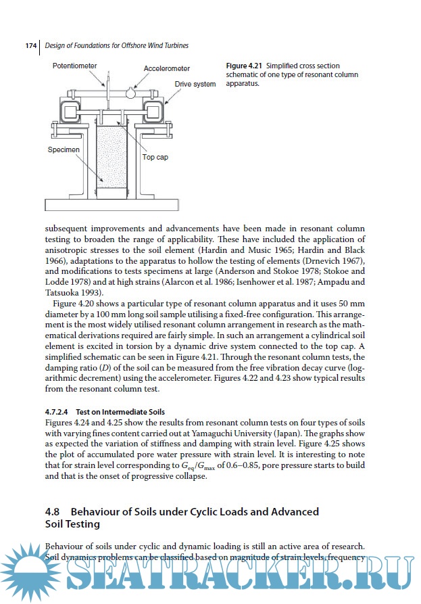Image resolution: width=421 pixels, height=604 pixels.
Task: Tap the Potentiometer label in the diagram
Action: tap(75, 66)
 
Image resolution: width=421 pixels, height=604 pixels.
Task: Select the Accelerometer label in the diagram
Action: tap(167, 69)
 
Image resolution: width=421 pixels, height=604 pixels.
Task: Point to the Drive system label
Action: tap(195, 85)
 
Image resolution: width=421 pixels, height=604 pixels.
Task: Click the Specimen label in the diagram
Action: tap(64, 149)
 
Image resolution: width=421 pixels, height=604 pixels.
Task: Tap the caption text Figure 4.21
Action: tap(244, 66)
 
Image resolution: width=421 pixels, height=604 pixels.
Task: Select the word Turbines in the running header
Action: tap(171, 46)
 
